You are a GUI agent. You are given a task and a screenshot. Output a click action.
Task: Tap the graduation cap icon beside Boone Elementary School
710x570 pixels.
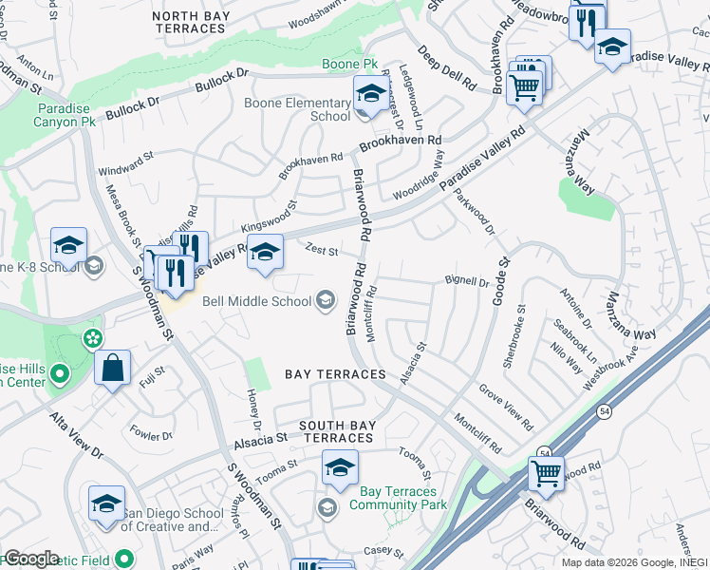[369, 94]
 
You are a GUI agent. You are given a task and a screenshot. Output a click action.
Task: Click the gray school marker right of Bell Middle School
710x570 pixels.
[326, 301]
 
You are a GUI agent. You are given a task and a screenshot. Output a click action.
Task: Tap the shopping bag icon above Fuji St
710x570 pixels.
[112, 370]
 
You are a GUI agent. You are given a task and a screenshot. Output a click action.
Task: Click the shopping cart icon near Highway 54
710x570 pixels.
[546, 472]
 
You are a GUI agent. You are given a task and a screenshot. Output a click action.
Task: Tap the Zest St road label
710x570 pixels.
[323, 251]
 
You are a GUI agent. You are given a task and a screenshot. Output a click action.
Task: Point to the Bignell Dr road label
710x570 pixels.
[466, 281]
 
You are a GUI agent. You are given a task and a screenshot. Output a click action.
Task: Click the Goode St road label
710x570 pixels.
[500, 275]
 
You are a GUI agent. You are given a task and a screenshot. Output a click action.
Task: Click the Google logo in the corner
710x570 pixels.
[31, 558]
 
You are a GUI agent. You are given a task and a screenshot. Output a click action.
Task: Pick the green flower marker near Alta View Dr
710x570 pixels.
[92, 337]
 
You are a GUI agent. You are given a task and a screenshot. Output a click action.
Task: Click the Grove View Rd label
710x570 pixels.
[506, 402]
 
